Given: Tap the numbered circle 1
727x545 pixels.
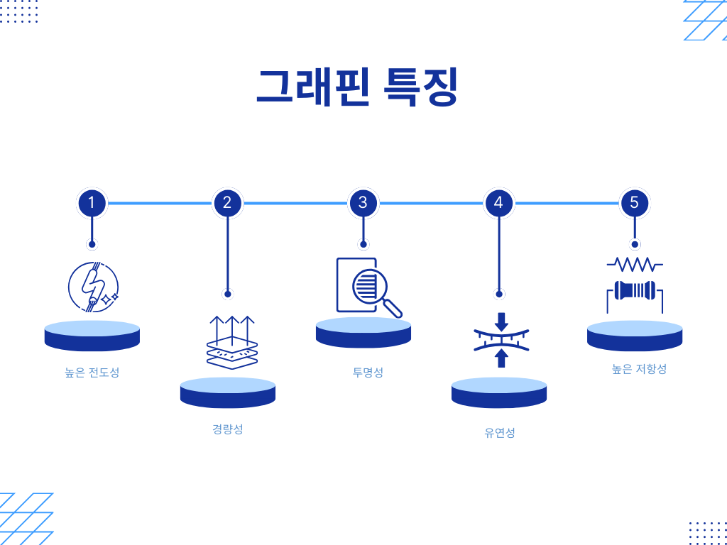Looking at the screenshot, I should [x=92, y=203].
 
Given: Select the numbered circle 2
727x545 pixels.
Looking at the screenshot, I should [x=227, y=203].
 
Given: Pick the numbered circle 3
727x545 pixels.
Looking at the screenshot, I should [x=363, y=203].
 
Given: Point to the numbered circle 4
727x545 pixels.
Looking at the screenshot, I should [x=498, y=203].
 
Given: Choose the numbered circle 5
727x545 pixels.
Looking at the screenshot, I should [x=634, y=203].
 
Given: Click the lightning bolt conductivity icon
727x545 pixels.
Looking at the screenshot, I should [x=92, y=287].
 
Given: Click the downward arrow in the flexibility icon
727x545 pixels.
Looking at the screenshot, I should [x=501, y=321].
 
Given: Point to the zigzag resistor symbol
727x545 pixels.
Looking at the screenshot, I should [x=635, y=265].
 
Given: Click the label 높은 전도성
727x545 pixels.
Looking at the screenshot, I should [x=92, y=372].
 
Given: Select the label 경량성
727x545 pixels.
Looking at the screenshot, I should [x=227, y=429].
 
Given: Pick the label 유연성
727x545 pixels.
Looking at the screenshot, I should [x=500, y=432].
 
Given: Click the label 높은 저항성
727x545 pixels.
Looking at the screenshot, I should [x=639, y=369].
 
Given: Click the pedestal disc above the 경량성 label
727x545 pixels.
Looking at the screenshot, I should [x=228, y=392].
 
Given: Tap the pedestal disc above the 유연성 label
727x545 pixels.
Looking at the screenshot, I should [x=499, y=392].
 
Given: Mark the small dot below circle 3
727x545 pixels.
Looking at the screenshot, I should [x=363, y=244].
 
